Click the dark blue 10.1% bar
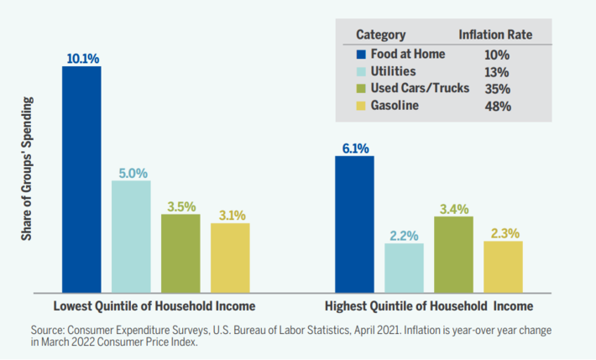click(x=81, y=179)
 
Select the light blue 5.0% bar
click(x=131, y=236)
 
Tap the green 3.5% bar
click(x=180, y=253)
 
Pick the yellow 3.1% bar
click(x=230, y=258)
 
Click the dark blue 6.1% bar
click(x=354, y=224)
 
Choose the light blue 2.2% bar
click(x=404, y=268)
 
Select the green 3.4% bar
click(x=453, y=254)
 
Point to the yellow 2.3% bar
click(x=503, y=267)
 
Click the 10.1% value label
click(x=82, y=59)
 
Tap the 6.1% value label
click(x=354, y=149)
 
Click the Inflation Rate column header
click(x=494, y=35)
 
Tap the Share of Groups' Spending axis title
click(x=27, y=180)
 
